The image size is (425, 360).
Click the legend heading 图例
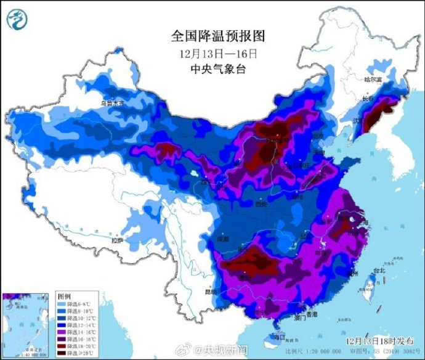[x=64, y=297]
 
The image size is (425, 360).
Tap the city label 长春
[x=368, y=99]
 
